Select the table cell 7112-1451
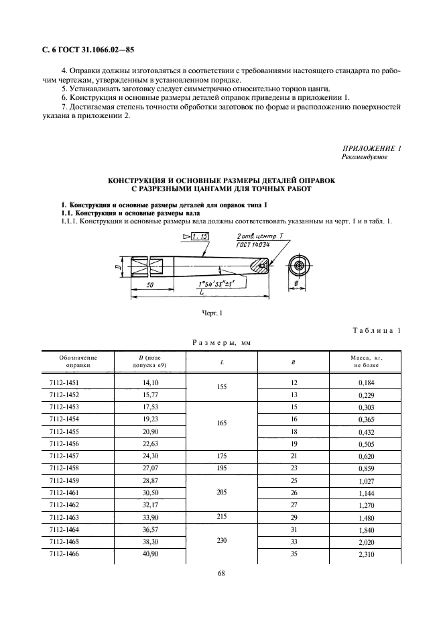point(64,382)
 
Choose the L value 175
point(222,455)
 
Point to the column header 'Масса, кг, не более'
point(366,361)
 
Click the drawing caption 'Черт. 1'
point(212,313)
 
